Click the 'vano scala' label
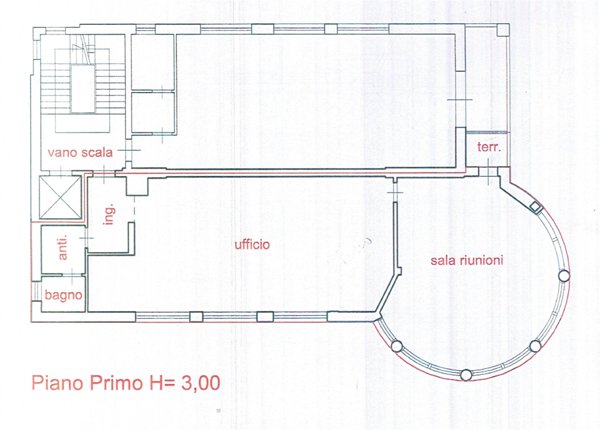[80, 153]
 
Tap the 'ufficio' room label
[252, 244]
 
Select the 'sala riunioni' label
[467, 261]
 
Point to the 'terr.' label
[489, 147]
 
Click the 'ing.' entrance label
[109, 214]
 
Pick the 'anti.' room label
[63, 247]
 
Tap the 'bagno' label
[64, 295]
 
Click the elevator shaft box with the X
[60, 197]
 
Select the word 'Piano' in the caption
[57, 383]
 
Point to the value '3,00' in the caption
[201, 383]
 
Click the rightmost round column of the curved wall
[564, 275]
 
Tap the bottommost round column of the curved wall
[466, 375]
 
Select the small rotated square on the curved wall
[536, 207]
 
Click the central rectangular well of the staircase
[83, 89]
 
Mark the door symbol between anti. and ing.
[86, 238]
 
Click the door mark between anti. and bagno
[72, 274]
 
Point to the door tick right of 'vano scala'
[129, 150]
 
